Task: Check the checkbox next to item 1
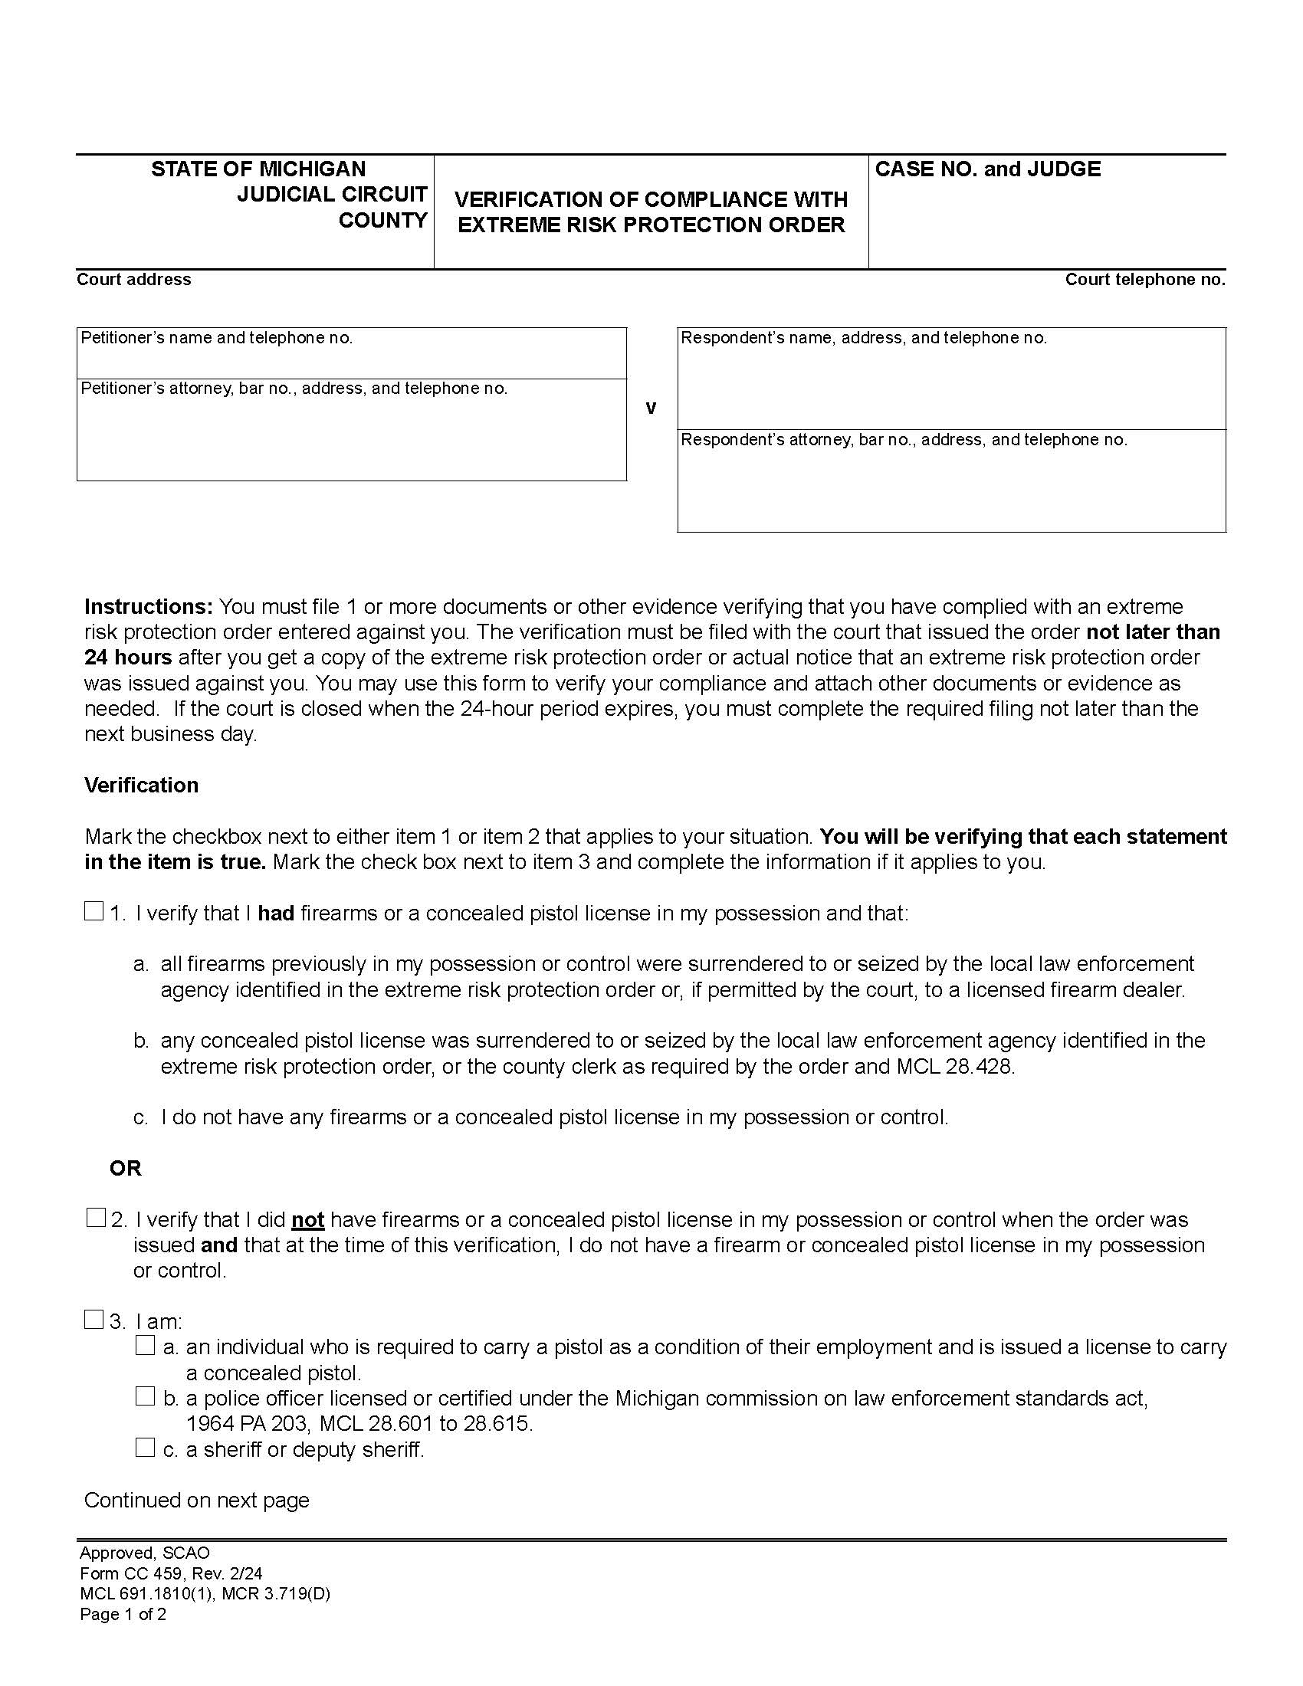(x=94, y=912)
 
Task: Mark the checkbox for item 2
(x=95, y=1219)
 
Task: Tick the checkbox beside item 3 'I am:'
(x=94, y=1320)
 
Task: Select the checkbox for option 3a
(x=145, y=1346)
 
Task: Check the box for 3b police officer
(x=145, y=1396)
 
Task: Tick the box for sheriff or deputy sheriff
(x=145, y=1448)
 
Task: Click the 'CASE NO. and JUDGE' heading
(x=987, y=169)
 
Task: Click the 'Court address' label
(x=133, y=280)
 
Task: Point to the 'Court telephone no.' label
(x=1145, y=280)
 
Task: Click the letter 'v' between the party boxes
(x=651, y=408)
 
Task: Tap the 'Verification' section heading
(x=141, y=785)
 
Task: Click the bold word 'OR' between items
(x=126, y=1168)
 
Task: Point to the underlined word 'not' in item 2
(x=307, y=1220)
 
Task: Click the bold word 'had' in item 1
(x=276, y=914)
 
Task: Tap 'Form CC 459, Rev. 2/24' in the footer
(x=171, y=1573)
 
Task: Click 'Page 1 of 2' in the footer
(x=123, y=1614)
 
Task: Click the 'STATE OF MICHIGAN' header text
(x=258, y=169)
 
